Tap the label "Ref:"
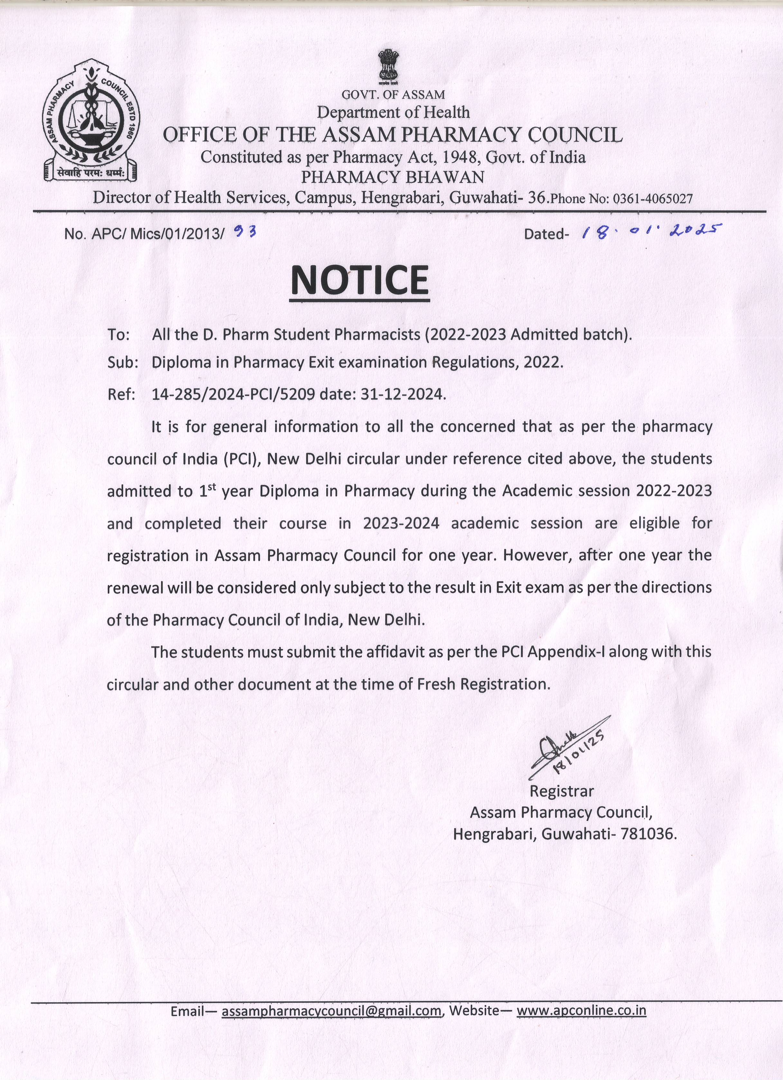pos(121,394)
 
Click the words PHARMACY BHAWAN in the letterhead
pos(393,177)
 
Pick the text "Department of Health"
pos(393,112)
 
